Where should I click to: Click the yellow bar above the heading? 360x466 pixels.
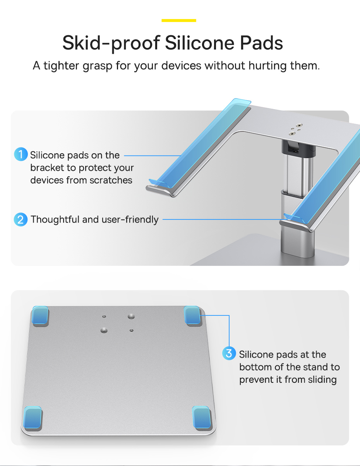tap(179, 21)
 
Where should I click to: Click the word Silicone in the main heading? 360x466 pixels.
tap(200, 43)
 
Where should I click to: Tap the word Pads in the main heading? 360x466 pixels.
tap(261, 43)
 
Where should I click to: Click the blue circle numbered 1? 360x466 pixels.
tap(21, 154)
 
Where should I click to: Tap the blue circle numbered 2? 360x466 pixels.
tap(21, 219)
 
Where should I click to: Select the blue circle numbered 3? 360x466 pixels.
tap(229, 353)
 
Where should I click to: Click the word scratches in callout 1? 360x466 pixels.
tap(111, 180)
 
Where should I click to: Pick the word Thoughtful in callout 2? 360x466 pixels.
tap(55, 219)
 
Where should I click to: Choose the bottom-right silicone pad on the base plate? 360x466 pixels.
tap(201, 417)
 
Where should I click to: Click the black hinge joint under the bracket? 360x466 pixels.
tap(299, 148)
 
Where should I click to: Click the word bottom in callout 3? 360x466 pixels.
tap(255, 367)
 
